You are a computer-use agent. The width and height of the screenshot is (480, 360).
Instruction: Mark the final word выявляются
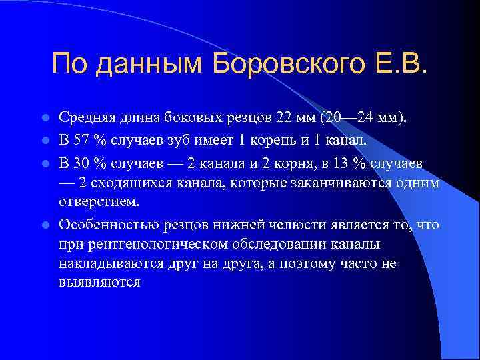coord(99,283)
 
